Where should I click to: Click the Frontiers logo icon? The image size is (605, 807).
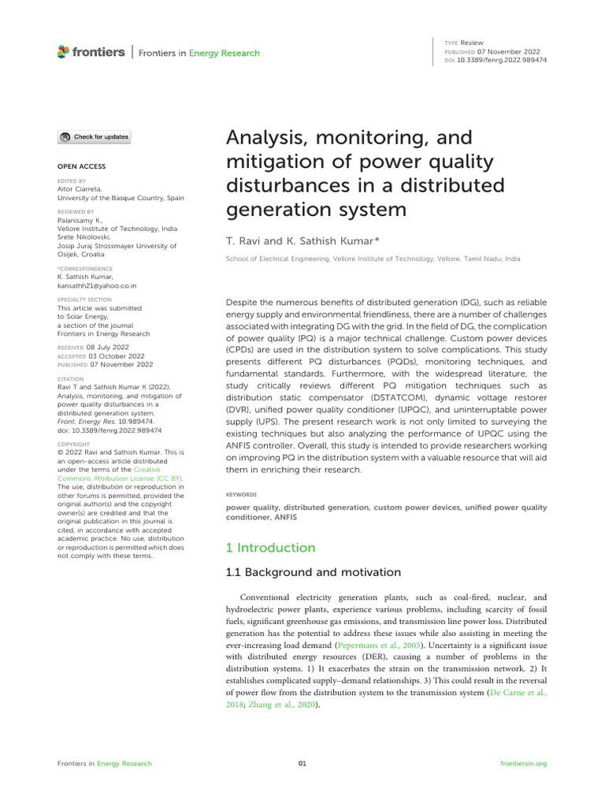[x=64, y=52]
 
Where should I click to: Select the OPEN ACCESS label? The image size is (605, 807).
[x=81, y=166]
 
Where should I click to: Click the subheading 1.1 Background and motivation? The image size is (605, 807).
[x=313, y=572]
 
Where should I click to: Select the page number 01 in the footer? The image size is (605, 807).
[x=302, y=764]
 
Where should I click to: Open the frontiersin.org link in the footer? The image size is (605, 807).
[x=523, y=764]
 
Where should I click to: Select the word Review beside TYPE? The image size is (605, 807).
[x=473, y=43]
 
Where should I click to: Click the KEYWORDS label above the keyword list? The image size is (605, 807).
[x=241, y=494]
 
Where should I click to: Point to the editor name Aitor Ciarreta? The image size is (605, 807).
[x=80, y=189]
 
